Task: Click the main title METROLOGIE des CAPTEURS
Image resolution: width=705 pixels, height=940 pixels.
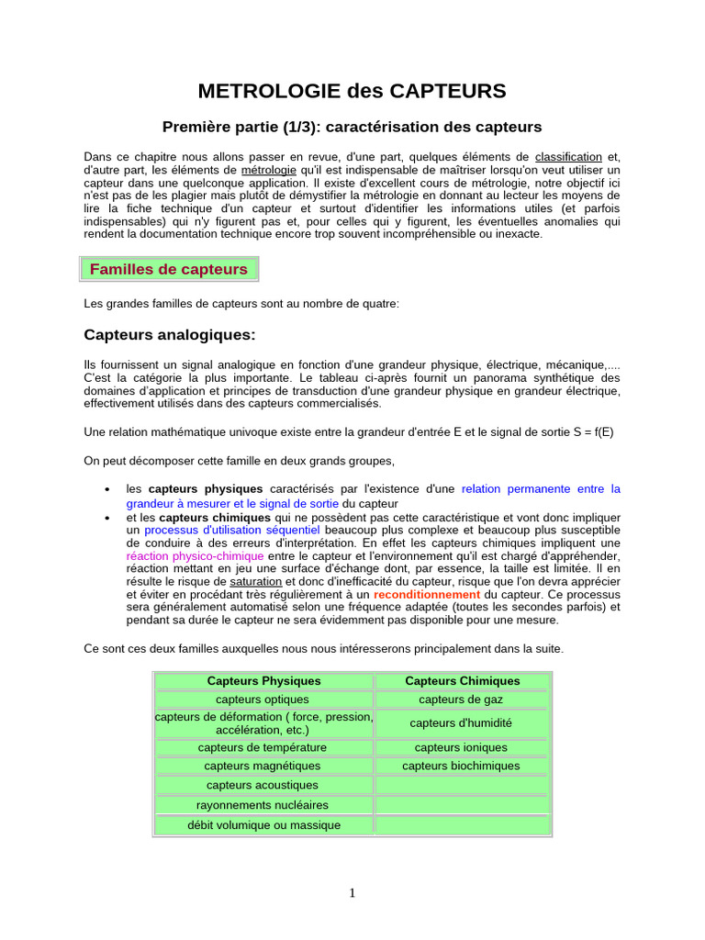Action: (352, 91)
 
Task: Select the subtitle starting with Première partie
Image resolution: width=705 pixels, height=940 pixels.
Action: (352, 126)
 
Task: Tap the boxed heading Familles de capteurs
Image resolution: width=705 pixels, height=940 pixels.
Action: (169, 269)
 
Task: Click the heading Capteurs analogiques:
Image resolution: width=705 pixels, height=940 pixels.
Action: (170, 334)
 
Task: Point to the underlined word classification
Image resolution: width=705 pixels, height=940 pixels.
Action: (568, 157)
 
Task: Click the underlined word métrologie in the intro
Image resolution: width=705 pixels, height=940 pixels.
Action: (268, 170)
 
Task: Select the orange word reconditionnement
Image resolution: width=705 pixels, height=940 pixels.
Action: (427, 594)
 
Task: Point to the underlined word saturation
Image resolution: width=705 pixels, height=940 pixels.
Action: (255, 581)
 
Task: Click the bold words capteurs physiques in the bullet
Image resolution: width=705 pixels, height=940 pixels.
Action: (206, 488)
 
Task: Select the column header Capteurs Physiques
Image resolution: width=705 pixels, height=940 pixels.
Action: (264, 681)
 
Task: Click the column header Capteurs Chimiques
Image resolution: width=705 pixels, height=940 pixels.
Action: (462, 681)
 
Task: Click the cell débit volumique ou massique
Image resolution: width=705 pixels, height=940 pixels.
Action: (263, 825)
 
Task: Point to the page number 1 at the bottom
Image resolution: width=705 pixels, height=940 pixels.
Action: (352, 894)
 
